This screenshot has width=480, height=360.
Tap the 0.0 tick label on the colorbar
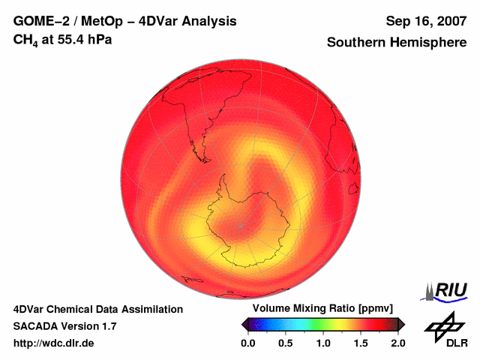248,343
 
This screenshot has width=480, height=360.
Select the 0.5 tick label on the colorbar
286,343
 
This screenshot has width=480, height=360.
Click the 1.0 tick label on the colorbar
323,343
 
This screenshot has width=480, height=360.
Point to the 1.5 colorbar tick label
361,343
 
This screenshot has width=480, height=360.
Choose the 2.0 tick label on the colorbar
397,343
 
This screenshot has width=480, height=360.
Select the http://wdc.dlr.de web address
55,343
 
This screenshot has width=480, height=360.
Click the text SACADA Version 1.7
64,326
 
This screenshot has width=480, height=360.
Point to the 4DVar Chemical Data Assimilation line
98,309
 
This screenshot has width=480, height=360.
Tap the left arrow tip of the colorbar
243,324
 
